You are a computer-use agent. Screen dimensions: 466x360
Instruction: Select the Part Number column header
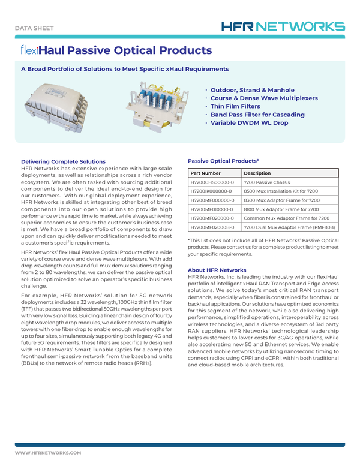point(207,173)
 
